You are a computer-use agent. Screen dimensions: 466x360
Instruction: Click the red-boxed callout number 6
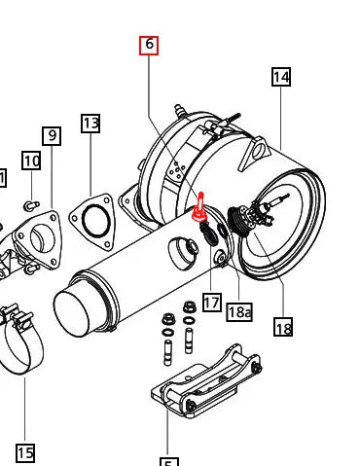149,45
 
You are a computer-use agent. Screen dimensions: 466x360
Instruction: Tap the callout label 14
281,77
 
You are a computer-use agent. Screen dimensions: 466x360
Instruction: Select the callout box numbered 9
52,136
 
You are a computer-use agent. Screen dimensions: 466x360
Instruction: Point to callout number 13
90,124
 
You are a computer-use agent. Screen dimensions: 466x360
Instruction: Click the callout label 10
31,161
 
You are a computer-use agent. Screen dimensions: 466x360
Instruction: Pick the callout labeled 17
212,303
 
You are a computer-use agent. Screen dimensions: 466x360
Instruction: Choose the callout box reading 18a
239,311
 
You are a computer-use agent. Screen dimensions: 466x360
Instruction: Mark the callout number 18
283,328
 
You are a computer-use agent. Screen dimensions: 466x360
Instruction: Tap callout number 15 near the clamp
25,451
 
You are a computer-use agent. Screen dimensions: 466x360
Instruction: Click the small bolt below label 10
29,204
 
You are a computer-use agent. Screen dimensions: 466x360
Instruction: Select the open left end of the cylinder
85,313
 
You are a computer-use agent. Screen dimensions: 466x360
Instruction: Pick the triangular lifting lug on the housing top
260,151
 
